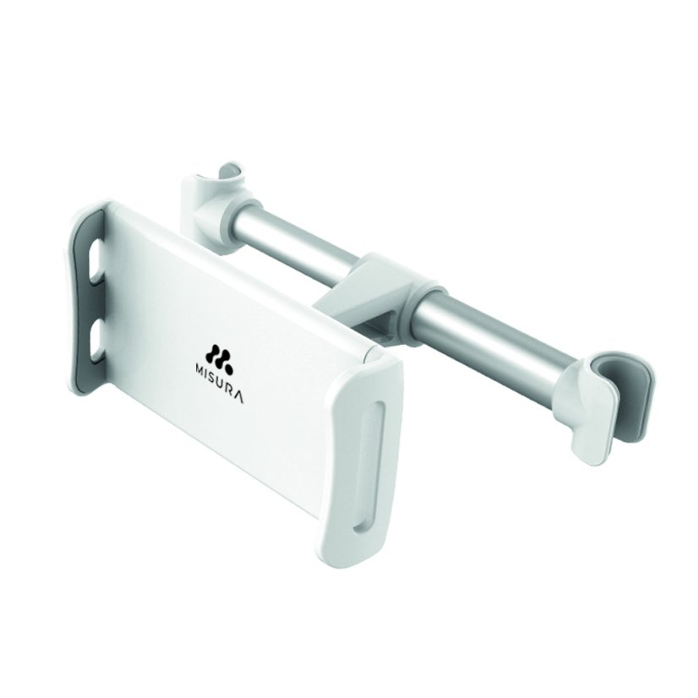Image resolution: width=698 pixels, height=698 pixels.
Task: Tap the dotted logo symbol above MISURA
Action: (219, 354)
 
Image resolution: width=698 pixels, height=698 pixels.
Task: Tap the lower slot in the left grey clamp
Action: (95, 339)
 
